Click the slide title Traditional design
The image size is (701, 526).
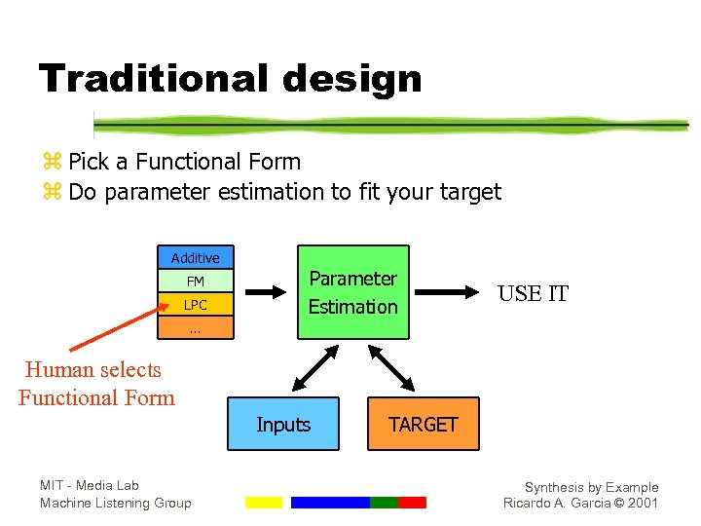230,78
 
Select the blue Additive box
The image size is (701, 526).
196,257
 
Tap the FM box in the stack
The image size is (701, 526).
196,282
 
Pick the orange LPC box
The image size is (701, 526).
196,305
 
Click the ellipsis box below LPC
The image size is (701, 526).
196,329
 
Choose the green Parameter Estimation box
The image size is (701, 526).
352,292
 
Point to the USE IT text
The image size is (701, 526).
533,293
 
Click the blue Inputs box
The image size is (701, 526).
283,424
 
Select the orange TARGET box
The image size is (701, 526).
423,424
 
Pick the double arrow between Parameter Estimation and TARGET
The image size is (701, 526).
393,369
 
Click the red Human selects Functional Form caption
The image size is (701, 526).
95,384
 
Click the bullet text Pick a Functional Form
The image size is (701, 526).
184,162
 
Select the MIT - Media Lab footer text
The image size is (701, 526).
90,485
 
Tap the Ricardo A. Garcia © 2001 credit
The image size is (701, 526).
580,503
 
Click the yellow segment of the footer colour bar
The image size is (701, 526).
263,503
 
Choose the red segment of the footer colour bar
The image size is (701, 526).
412,503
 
